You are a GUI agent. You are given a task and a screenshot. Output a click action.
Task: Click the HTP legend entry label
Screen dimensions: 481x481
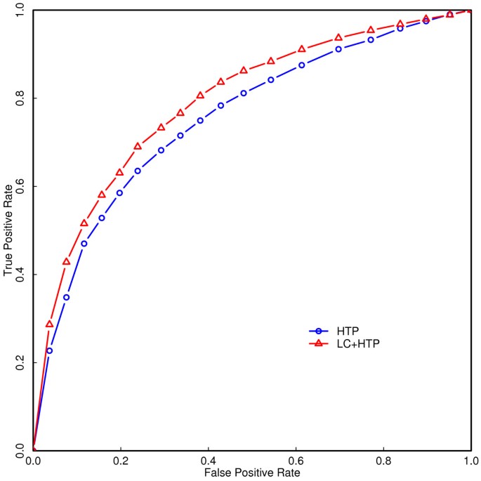click(348, 330)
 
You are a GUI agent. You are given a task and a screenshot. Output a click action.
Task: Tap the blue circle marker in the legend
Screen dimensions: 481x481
click(319, 330)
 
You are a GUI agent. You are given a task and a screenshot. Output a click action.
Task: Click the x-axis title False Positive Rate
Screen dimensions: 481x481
click(252, 473)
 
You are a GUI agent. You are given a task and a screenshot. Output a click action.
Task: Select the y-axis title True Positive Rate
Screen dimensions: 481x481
click(8, 230)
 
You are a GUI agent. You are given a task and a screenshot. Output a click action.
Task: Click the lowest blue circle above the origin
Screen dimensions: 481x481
click(49, 350)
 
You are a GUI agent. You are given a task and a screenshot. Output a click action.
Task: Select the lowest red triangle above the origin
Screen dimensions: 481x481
click(49, 324)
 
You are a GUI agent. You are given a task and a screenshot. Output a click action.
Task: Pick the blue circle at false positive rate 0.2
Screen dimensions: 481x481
click(119, 192)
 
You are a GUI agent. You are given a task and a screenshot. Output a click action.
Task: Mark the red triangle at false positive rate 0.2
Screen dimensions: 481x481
click(119, 172)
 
